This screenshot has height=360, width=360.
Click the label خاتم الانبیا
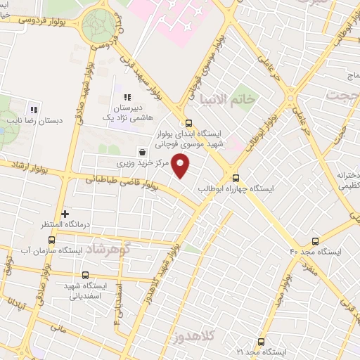pyautogui.click(x=228, y=99)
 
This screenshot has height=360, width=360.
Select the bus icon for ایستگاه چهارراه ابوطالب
pyautogui.click(x=236, y=178)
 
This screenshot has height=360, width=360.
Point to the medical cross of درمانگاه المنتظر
pyautogui.click(x=65, y=214)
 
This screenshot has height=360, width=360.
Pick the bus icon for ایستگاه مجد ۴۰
pyautogui.click(x=315, y=240)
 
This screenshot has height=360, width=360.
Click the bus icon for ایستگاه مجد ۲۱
pyautogui.click(x=262, y=342)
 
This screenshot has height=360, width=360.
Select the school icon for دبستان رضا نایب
pyautogui.click(x=32, y=109)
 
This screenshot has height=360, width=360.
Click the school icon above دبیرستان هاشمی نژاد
pyautogui.click(x=127, y=98)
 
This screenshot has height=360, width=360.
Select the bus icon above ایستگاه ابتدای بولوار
pyautogui.click(x=187, y=123)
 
